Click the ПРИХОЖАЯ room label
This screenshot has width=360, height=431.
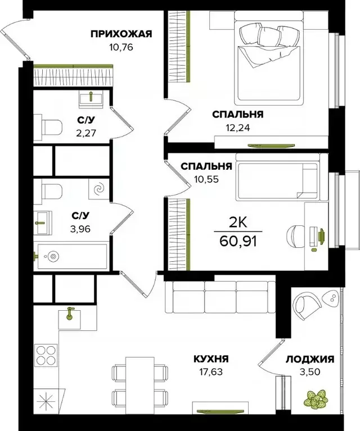coord(121,34)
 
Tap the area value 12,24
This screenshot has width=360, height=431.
coord(236,127)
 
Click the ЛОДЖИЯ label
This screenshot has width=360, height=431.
coord(310,359)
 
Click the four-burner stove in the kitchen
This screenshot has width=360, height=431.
coord(47,356)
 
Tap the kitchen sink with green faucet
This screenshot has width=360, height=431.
coord(71,317)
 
